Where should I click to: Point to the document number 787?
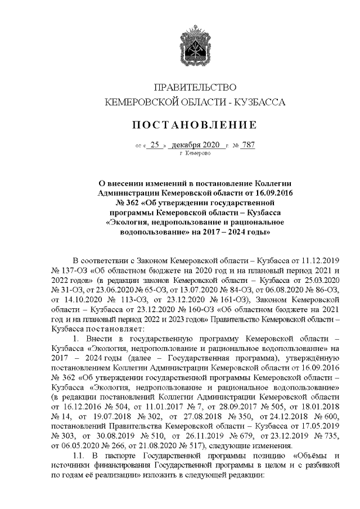tap(247, 145)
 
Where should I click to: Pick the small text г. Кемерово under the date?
tap(195, 153)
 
